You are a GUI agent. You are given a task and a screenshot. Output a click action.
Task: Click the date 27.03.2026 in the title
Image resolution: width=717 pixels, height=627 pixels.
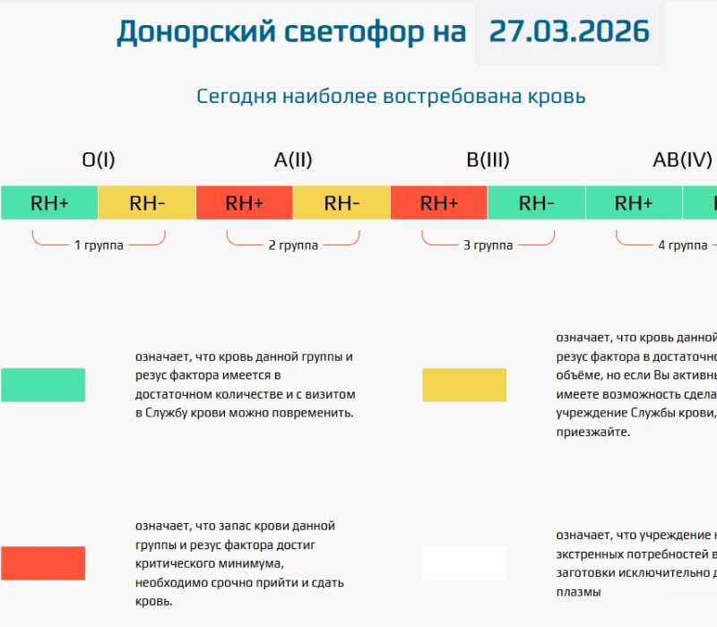569,31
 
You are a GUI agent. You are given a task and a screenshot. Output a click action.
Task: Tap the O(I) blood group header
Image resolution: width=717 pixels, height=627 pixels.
99,160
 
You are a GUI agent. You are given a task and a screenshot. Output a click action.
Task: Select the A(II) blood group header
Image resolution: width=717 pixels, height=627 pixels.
293,160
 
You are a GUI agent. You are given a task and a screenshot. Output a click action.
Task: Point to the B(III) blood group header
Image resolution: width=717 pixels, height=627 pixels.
488,160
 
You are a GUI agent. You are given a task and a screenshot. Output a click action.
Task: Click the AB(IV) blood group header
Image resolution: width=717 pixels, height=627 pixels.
682,160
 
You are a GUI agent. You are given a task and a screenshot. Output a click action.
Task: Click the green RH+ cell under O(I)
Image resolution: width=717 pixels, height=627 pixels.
49,202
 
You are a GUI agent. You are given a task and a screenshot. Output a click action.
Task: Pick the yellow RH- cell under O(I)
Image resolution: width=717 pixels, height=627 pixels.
147,202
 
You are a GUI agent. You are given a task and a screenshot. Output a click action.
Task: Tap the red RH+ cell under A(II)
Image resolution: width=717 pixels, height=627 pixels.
244,202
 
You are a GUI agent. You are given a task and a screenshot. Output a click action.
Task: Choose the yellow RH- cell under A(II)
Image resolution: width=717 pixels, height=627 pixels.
341,202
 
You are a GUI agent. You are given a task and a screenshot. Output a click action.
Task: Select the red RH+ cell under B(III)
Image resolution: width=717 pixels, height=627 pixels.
439,202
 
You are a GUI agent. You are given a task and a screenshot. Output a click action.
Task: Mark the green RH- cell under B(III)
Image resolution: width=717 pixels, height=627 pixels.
536,202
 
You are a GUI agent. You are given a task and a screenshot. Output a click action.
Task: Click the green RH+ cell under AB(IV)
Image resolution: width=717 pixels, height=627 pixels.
634,202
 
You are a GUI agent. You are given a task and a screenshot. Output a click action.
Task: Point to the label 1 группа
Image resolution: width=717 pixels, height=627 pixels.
99,245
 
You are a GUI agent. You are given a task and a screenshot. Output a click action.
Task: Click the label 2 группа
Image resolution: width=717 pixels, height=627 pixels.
293,245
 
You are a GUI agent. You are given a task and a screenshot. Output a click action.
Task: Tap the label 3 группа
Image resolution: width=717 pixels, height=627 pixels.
488,245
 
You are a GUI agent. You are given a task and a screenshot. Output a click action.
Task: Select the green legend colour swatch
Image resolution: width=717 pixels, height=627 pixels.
43,384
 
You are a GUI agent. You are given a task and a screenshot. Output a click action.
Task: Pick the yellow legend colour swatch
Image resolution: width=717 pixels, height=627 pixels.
464,384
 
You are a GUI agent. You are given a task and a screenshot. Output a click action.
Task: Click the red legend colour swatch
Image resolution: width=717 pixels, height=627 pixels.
43,563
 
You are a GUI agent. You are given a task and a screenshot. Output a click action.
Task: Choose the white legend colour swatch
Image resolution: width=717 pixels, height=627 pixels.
464,563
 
